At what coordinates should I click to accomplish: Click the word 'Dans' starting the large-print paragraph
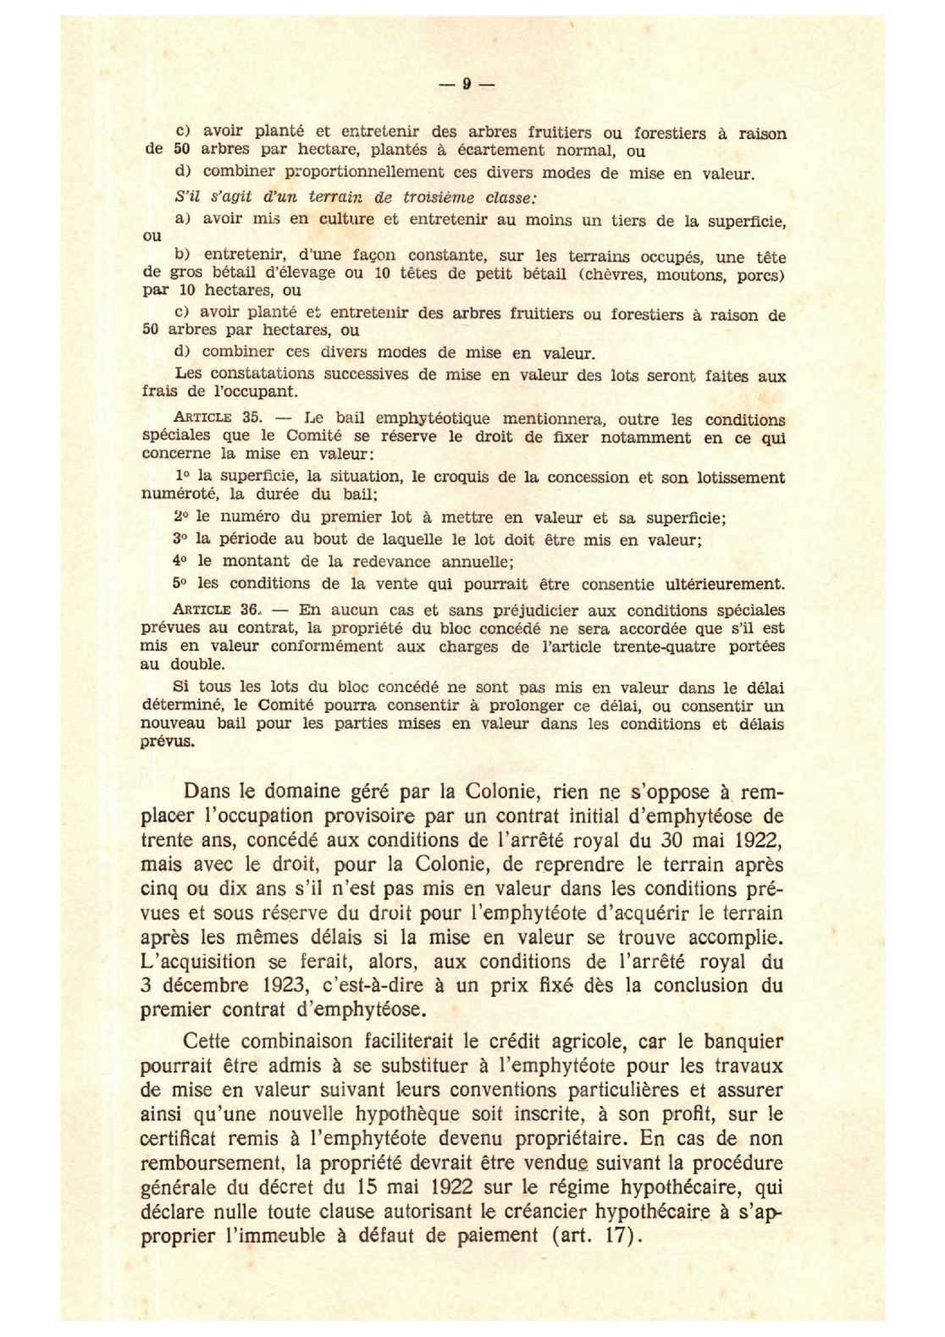[207, 792]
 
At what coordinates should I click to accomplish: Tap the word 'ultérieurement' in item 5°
[725, 583]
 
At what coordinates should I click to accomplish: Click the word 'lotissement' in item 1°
[739, 478]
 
